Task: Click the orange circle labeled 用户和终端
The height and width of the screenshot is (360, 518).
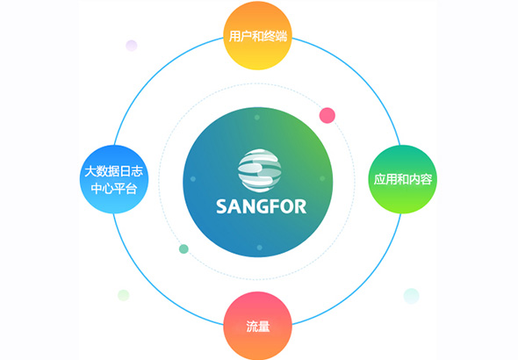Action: pos(257,35)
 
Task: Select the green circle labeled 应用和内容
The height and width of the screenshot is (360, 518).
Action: pos(402,179)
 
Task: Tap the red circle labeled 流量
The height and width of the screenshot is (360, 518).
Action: pos(257,326)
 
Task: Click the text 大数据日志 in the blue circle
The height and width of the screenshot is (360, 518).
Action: pos(113,171)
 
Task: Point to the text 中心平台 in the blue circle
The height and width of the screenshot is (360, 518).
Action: pos(113,189)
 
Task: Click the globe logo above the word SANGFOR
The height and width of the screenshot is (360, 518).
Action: pos(259,170)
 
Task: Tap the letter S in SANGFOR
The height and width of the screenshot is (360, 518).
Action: pos(221,206)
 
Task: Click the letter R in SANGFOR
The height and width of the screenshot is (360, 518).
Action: pos(300,206)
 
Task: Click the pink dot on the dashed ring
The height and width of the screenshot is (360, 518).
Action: pos(327,115)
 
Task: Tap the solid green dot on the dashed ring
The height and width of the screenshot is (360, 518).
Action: pos(183,248)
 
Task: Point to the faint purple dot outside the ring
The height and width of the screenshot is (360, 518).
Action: pos(132,46)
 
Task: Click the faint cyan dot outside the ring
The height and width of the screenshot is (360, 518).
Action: pos(411,296)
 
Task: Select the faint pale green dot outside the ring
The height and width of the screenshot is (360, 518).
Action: pos(124,295)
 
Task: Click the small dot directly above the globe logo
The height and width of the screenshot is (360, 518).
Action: pos(257,118)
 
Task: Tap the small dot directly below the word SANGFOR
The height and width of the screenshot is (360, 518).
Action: pos(259,248)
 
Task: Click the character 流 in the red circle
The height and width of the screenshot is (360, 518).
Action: pos(252,326)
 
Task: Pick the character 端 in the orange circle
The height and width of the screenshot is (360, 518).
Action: pos(281,36)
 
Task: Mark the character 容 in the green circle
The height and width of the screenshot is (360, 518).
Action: pos(426,179)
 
